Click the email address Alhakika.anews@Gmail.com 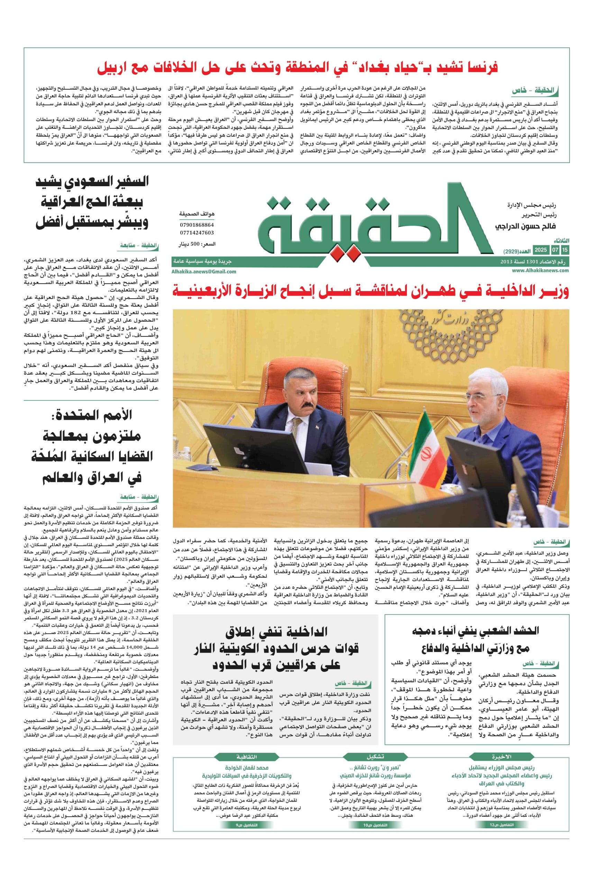pos(204,271)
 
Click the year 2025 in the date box pos(541,250)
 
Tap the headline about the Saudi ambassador pos(92,203)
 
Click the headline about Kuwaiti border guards pos(275,648)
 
